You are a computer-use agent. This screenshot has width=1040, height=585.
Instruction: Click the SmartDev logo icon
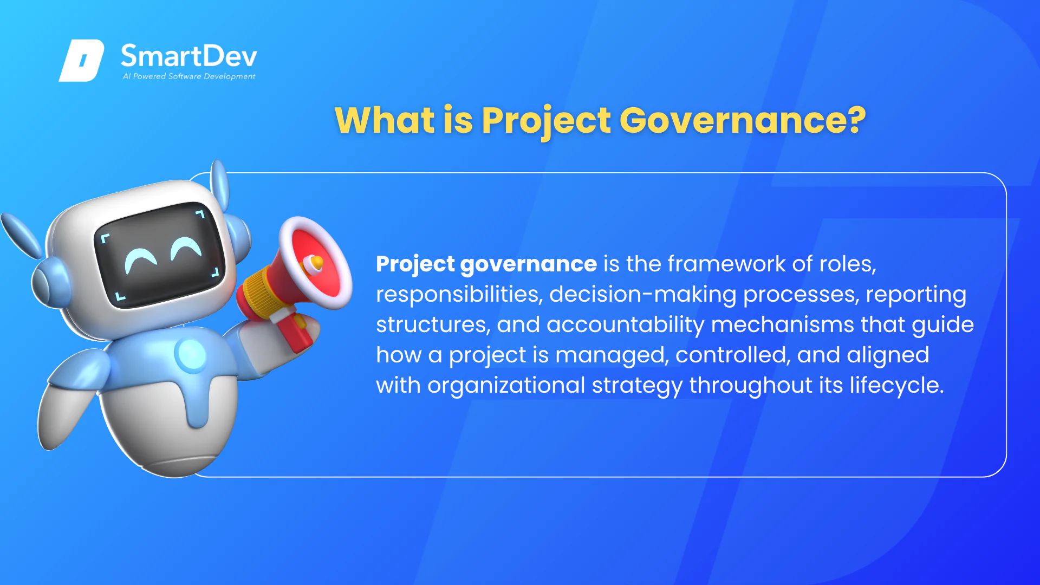click(x=81, y=60)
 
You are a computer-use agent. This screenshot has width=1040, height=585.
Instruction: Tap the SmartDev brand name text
click(x=189, y=56)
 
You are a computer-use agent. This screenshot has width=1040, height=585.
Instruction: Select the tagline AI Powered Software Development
click(x=189, y=76)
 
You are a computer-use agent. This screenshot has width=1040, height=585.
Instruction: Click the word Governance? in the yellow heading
click(x=743, y=120)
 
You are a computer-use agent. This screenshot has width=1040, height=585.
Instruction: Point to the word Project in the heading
click(x=547, y=121)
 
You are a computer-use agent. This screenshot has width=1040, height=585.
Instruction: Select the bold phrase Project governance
click(x=486, y=264)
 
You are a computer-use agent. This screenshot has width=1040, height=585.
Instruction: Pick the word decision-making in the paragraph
click(x=643, y=295)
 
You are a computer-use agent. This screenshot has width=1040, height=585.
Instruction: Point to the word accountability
click(x=626, y=325)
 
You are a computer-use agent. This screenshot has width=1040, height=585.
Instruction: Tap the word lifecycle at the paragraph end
click(x=896, y=386)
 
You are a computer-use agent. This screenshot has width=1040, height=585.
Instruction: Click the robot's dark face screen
click(x=159, y=255)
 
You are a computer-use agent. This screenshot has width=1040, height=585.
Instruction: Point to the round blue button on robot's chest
click(x=191, y=354)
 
